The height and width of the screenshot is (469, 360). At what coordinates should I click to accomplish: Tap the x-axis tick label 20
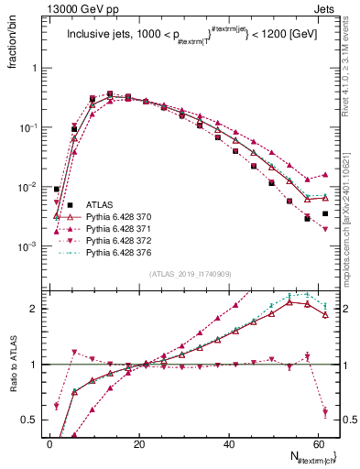138,444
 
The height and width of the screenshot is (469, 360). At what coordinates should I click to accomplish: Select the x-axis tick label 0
49,444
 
